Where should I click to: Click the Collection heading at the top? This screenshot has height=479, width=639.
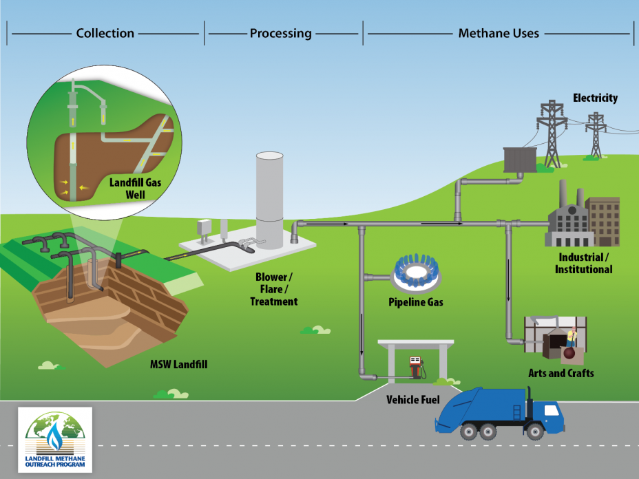pos(105,33)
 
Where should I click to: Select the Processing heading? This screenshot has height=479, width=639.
pos(280,33)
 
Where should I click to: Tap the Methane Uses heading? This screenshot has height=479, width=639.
pos(499,33)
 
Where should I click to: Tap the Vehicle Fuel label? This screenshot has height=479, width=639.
pos(411,399)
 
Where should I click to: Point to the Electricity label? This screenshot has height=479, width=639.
pos(595,98)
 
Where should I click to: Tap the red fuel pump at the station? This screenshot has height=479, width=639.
pos(415,367)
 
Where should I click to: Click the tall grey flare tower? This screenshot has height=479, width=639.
pos(269,200)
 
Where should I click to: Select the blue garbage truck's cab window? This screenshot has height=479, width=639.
pos(552,410)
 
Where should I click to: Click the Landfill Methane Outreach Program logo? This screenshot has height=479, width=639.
pos(56,440)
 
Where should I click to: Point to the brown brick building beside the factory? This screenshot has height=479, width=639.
pos(603,220)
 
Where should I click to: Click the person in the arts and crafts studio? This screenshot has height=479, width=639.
pos(570,339)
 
